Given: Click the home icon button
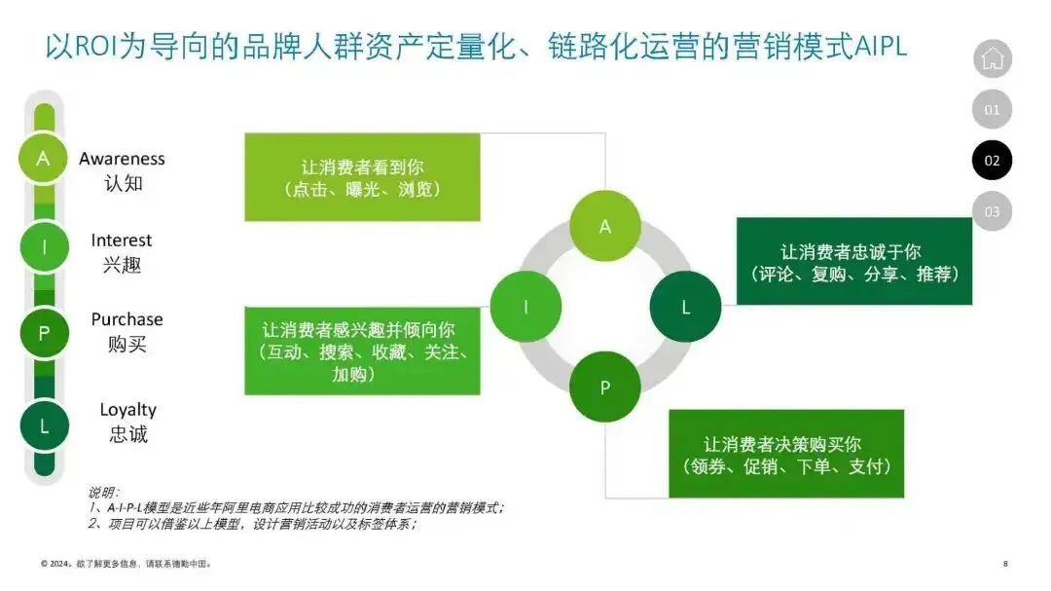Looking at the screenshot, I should (x=992, y=58).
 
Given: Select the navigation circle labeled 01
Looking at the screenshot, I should (x=992, y=109).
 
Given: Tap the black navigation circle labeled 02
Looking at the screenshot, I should (x=992, y=161).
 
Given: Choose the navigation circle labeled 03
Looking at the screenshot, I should (x=992, y=211).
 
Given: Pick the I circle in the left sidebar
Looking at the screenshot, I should (x=43, y=247).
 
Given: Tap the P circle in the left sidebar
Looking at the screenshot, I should (x=43, y=334).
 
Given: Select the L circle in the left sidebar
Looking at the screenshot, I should (x=43, y=425).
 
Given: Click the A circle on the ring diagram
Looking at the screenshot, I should (x=604, y=226).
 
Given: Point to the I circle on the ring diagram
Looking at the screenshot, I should (x=525, y=306).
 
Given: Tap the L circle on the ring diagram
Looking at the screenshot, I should (x=685, y=307).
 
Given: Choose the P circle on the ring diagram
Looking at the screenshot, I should (x=604, y=387).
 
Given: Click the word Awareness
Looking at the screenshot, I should (x=122, y=159).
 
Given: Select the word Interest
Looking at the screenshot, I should (x=122, y=240).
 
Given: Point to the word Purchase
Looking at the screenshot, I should (x=127, y=319).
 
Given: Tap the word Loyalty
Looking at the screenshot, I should (x=127, y=410).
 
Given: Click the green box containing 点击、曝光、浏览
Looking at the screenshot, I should (x=362, y=177).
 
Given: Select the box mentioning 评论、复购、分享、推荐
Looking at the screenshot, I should (x=853, y=261).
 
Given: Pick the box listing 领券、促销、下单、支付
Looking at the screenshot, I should (x=785, y=454).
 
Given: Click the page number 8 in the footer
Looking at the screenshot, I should (x=1005, y=564).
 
